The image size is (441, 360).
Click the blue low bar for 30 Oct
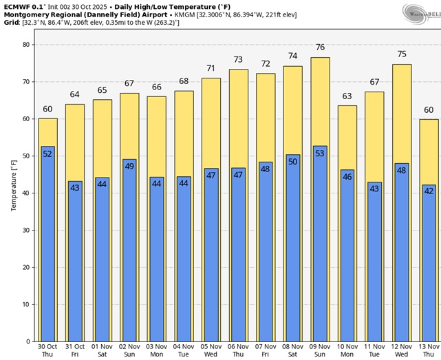point(47,248)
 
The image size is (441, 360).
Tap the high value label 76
point(320,47)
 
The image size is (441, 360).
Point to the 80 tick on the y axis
point(26,44)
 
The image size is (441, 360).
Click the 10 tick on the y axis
point(26,304)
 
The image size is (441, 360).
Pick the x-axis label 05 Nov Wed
point(211,350)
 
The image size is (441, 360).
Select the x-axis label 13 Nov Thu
point(429,350)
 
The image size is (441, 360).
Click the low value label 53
point(320,153)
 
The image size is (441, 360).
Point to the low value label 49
point(129,166)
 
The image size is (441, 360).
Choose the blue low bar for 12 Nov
point(402,255)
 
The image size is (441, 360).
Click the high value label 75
point(402,54)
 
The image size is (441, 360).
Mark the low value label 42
point(429,191)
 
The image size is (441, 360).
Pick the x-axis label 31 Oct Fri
point(75,350)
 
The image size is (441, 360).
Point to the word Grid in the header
point(11,23)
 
